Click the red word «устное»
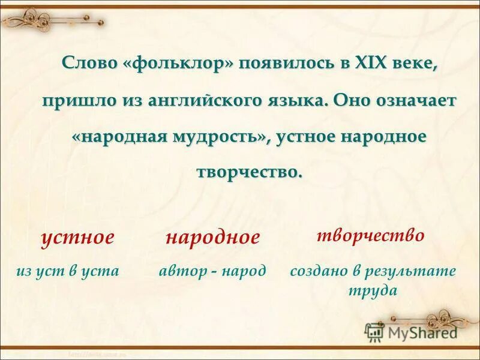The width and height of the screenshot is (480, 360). [77, 237]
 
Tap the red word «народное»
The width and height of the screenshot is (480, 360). [213, 237]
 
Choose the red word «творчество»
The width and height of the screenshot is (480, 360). [370, 235]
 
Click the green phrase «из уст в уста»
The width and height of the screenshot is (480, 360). [68, 271]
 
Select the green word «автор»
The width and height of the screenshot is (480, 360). [180, 271]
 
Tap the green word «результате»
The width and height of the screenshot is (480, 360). [410, 271]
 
